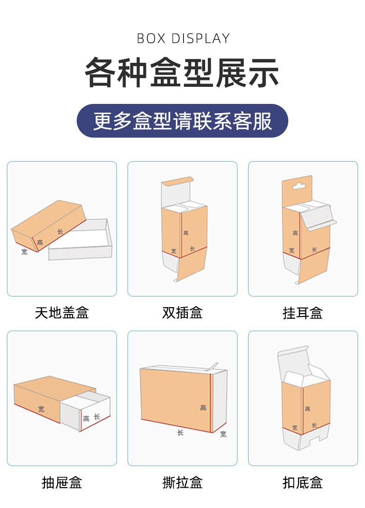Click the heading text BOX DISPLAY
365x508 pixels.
183,38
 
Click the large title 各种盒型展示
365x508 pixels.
182,73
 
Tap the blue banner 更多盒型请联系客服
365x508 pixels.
182,121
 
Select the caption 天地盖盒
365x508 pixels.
61,313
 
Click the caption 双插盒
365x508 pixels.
182,313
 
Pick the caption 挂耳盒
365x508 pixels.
303,313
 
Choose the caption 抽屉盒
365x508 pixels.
61,483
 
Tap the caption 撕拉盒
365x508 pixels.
182,483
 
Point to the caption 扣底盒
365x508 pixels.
303,483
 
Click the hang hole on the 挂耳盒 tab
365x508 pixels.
298,187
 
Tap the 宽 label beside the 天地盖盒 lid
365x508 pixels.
24,252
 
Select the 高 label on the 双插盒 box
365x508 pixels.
186,233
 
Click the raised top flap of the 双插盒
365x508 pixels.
176,181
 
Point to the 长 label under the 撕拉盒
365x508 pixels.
180,432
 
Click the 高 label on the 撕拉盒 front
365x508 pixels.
203,408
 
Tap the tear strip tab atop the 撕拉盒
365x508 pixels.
213,366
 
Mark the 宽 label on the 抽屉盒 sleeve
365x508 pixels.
42,409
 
